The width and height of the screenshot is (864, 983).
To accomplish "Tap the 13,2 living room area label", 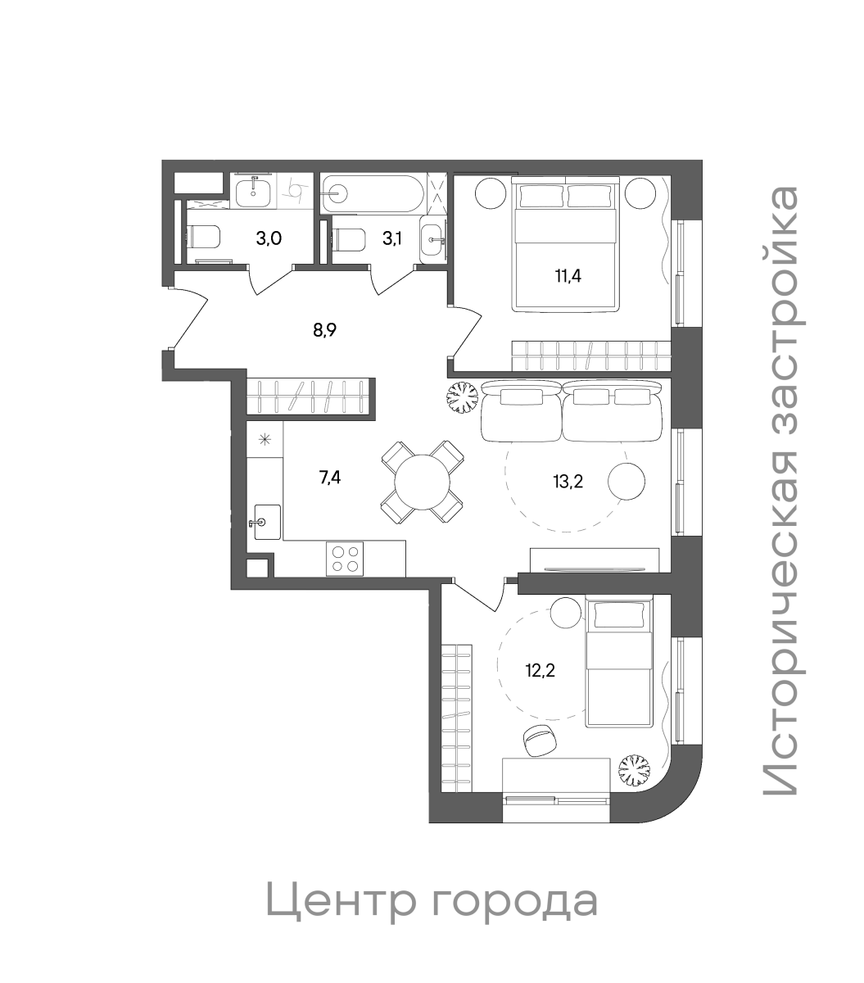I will tap(568, 481).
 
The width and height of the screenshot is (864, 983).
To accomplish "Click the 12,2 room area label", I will tap(540, 672).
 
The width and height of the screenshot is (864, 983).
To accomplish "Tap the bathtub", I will tap(373, 194).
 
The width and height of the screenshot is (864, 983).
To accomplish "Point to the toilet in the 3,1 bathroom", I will tap(349, 240).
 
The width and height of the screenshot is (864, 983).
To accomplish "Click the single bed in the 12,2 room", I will tap(620, 662).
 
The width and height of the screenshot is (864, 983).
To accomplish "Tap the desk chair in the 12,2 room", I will tap(539, 741).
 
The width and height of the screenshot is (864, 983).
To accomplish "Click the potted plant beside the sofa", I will tap(461, 398).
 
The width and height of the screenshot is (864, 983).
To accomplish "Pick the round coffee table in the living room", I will tap(627, 481).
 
